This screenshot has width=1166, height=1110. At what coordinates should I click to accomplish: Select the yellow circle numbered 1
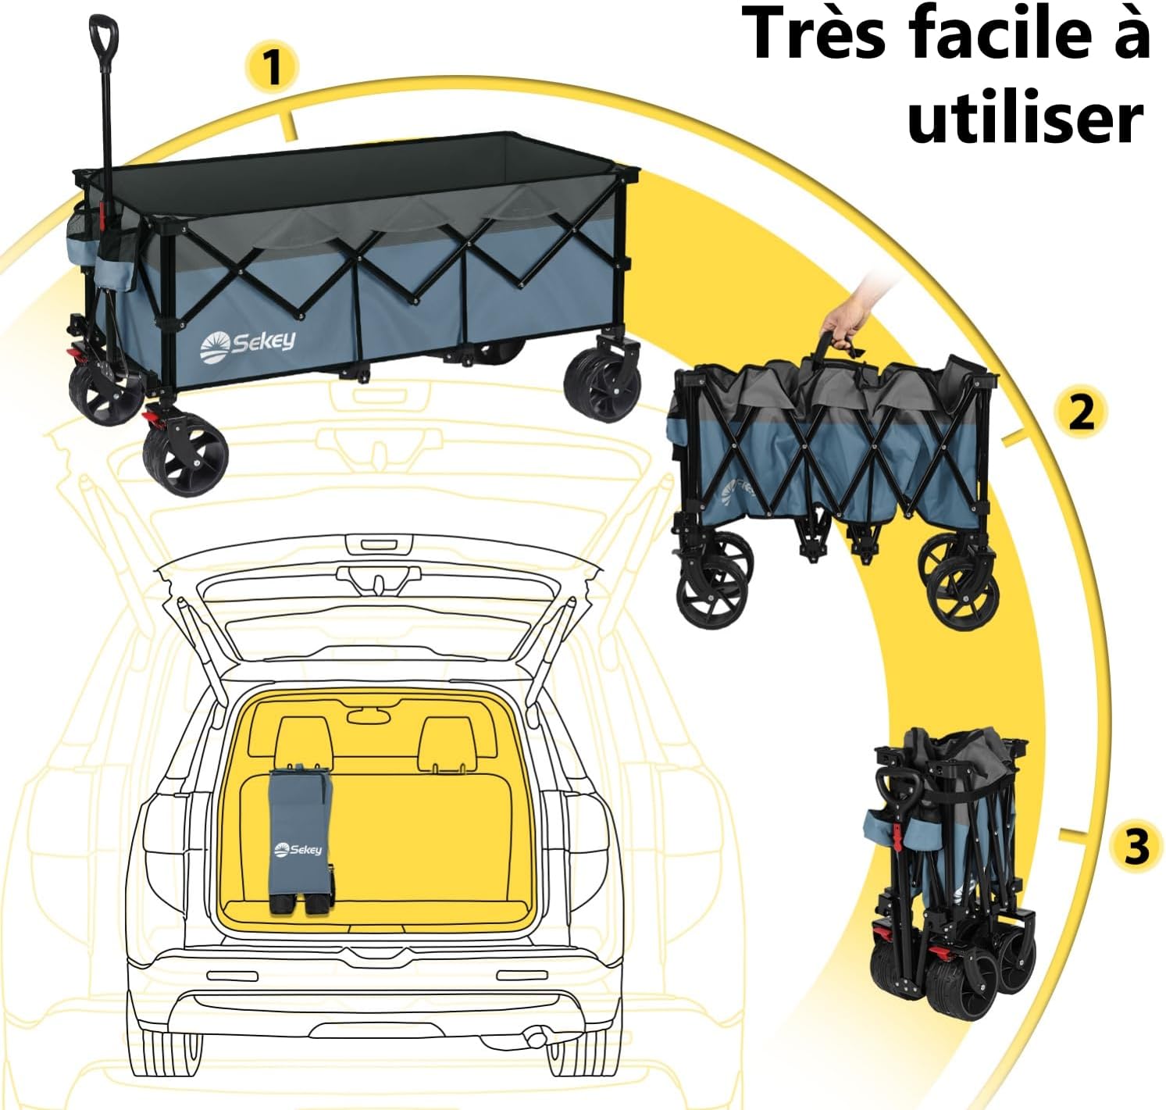click(x=273, y=67)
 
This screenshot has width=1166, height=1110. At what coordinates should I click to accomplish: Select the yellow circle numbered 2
click(x=1081, y=411)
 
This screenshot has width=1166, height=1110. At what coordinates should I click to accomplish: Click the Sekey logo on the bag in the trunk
click(x=298, y=849)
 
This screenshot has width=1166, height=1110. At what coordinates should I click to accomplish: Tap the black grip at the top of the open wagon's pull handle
click(x=104, y=35)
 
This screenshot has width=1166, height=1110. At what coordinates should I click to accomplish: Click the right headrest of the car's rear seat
click(x=448, y=742)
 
